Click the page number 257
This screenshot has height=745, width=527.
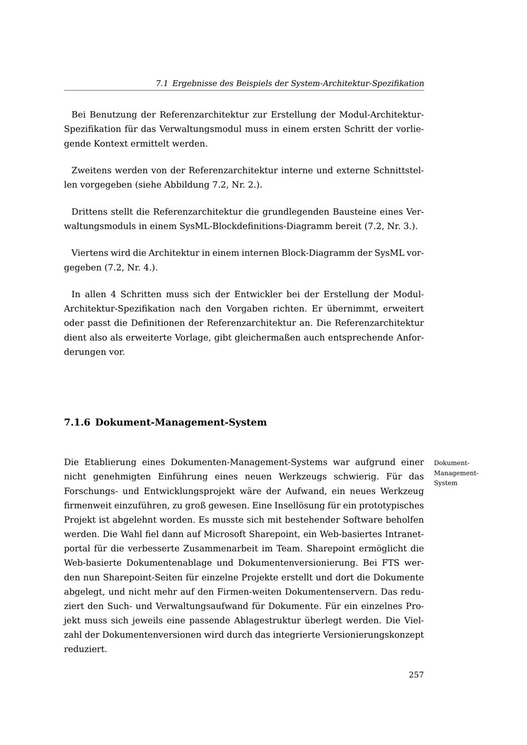click(x=416, y=674)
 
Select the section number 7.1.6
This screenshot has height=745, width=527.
click(x=77, y=423)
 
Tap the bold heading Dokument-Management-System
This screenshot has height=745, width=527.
click(x=181, y=423)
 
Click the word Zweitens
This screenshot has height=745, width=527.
click(x=92, y=171)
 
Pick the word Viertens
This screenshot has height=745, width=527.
click(x=90, y=253)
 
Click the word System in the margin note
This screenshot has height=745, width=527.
click(x=445, y=483)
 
